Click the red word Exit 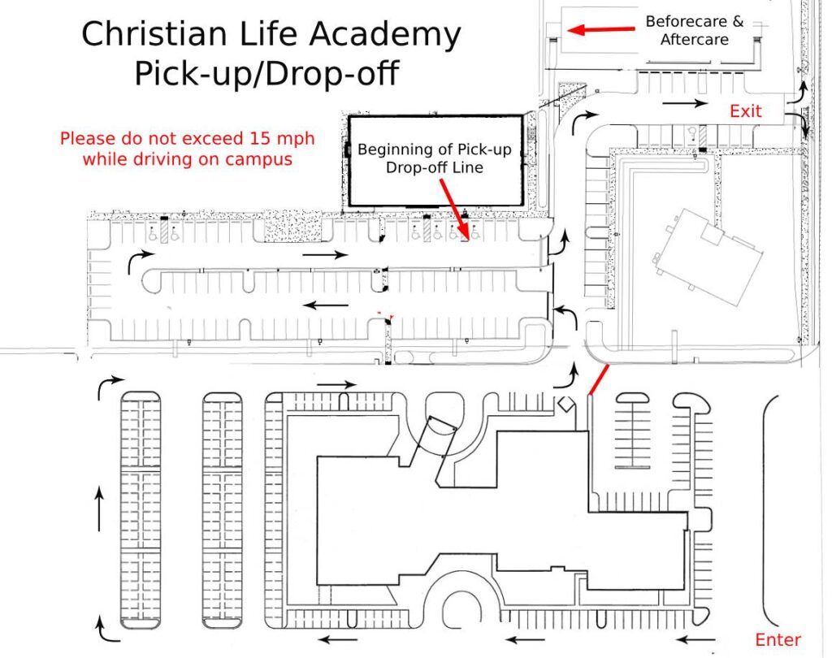click(x=746, y=111)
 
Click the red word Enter click(x=778, y=639)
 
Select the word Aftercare click(x=694, y=39)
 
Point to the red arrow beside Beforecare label click(x=601, y=29)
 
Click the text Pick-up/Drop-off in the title click(x=266, y=73)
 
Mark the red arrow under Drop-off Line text click(x=454, y=209)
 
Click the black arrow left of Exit click(x=685, y=103)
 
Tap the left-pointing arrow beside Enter click(x=695, y=640)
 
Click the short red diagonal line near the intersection click(x=599, y=380)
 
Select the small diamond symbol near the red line click(x=565, y=404)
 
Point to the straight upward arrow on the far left click(x=98, y=509)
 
